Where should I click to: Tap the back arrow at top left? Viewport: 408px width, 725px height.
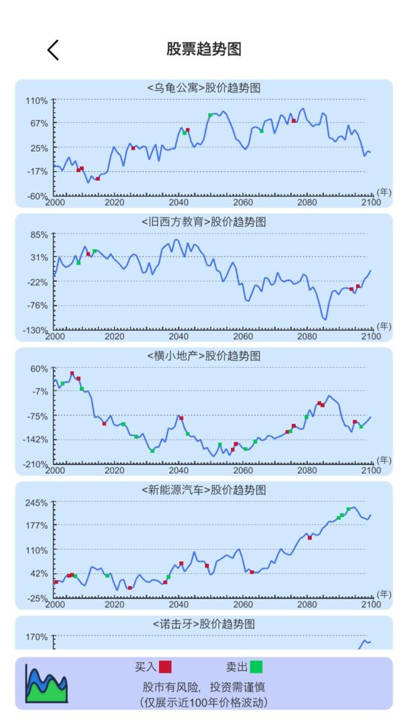point(53,50)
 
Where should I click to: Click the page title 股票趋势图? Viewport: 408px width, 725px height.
point(204,49)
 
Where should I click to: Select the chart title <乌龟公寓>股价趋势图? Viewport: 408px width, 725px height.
point(204,88)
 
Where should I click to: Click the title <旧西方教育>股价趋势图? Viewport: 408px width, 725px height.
point(204,222)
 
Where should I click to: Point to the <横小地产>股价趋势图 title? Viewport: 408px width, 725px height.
point(204,356)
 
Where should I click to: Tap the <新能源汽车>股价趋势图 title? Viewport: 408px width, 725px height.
point(204,491)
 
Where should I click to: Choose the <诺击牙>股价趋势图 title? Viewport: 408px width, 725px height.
point(204,624)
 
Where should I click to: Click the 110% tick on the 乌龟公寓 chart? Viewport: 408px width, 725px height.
point(37,101)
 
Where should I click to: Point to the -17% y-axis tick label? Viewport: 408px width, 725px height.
point(37,172)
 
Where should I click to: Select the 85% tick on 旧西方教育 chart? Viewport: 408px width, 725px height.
point(39,234)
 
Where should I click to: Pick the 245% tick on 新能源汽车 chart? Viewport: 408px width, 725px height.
point(37,503)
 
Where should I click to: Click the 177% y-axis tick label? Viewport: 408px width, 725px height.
point(37,526)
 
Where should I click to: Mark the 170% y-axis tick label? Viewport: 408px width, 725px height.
point(37,637)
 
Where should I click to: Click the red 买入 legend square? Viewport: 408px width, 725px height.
point(165,667)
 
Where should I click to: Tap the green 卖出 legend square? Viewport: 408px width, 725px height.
point(256,667)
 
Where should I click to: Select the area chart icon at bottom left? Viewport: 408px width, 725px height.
point(47,683)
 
